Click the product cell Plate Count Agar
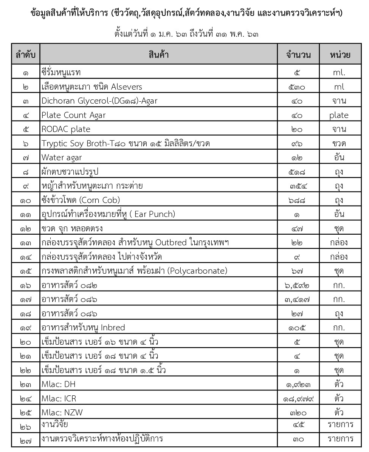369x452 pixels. click(x=73, y=115)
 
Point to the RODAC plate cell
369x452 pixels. click(x=66, y=129)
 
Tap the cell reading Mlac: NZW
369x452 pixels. click(x=62, y=412)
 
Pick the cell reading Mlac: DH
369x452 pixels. click(x=59, y=384)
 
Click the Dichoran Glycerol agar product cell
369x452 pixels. click(x=99, y=101)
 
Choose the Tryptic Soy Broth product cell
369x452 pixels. click(x=126, y=144)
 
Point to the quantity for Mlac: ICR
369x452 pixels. click(x=298, y=398)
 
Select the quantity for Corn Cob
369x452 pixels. click(x=298, y=200)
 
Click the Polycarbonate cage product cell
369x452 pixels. click(x=134, y=271)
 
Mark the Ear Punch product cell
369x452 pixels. click(x=108, y=214)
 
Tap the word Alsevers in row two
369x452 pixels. click(x=126, y=87)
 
